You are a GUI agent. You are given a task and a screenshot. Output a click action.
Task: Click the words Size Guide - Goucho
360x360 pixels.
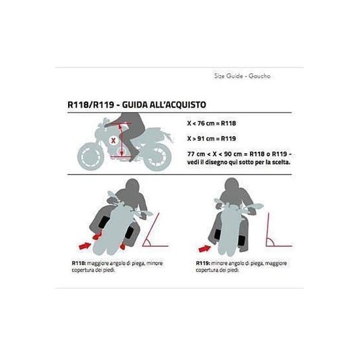tap(242, 76)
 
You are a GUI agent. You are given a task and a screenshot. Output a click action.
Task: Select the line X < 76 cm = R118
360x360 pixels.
tap(211, 124)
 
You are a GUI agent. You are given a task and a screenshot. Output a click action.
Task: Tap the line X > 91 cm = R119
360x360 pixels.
tap(211, 139)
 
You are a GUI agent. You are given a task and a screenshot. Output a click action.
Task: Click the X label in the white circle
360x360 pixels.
tap(113, 141)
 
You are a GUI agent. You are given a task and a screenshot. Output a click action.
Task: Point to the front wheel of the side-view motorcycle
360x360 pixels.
tap(91, 156)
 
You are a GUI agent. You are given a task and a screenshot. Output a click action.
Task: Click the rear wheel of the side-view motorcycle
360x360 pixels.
tap(158, 157)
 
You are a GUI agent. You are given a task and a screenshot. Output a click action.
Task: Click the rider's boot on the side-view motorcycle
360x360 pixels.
tap(134, 153)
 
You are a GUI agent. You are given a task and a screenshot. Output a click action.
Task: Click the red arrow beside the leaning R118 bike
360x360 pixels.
tap(85, 246)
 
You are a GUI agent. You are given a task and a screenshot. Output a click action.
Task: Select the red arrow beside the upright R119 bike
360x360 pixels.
tap(205, 249)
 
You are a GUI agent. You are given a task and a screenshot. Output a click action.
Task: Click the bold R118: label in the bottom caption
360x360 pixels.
tap(79, 263)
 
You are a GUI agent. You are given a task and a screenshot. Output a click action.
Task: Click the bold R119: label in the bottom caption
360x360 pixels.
tap(203, 263)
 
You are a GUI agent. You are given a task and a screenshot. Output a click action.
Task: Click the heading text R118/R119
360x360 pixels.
tap(91, 105)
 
